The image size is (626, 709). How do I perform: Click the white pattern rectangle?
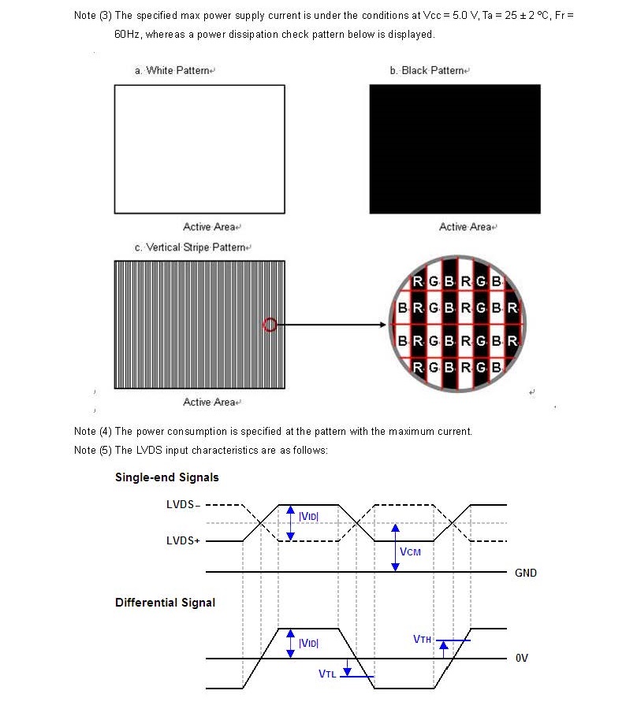[199, 149]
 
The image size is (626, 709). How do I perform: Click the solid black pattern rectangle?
[455, 149]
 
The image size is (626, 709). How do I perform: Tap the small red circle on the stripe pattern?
[270, 324]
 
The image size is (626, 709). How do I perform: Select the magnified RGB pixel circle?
[459, 324]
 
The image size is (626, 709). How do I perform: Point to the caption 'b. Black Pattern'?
[427, 71]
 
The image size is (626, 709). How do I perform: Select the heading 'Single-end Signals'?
[167, 477]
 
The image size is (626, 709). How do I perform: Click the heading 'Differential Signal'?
[166, 603]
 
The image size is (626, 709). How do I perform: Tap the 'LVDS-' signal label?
[183, 505]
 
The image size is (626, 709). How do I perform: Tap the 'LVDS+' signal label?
[183, 541]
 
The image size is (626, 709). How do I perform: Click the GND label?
[526, 573]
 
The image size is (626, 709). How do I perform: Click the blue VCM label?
[410, 551]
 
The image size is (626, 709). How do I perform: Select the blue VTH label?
[422, 639]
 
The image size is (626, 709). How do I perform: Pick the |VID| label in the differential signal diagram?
[308, 644]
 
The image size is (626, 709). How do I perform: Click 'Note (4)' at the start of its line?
[93, 432]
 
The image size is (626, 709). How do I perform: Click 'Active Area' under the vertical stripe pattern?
[209, 403]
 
